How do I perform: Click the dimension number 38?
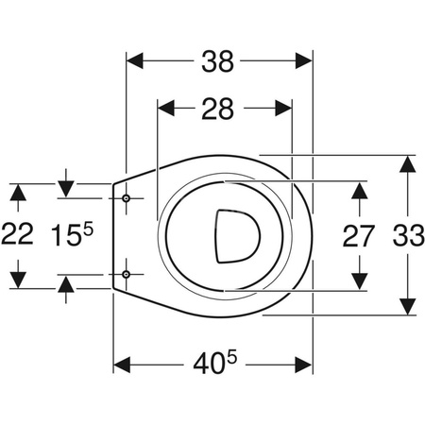(218, 61)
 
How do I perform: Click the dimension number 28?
(218, 109)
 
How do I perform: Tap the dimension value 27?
(358, 235)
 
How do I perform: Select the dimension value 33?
(409, 235)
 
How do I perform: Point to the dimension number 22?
(17, 234)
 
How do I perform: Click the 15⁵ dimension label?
(73, 234)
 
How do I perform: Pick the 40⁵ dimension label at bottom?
(214, 363)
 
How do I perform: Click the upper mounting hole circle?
(127, 198)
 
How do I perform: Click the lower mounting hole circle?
(127, 275)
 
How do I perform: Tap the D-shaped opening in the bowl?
(238, 236)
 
